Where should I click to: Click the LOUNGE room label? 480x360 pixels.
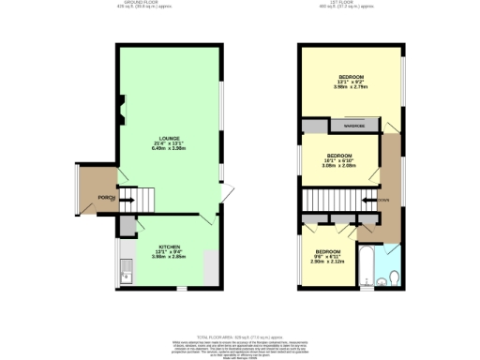(170, 137)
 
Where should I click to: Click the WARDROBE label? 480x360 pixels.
(354, 126)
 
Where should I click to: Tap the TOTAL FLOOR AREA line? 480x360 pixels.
(240, 336)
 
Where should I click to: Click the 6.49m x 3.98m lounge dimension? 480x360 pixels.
(170, 148)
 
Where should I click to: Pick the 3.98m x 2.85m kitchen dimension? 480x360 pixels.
(170, 257)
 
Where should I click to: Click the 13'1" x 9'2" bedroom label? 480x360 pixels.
(352, 82)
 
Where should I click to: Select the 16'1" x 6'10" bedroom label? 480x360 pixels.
(339, 161)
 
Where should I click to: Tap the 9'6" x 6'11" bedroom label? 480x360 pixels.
(327, 257)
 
